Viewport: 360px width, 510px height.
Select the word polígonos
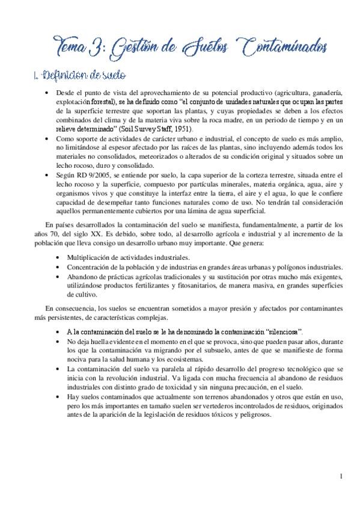point(285,267)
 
